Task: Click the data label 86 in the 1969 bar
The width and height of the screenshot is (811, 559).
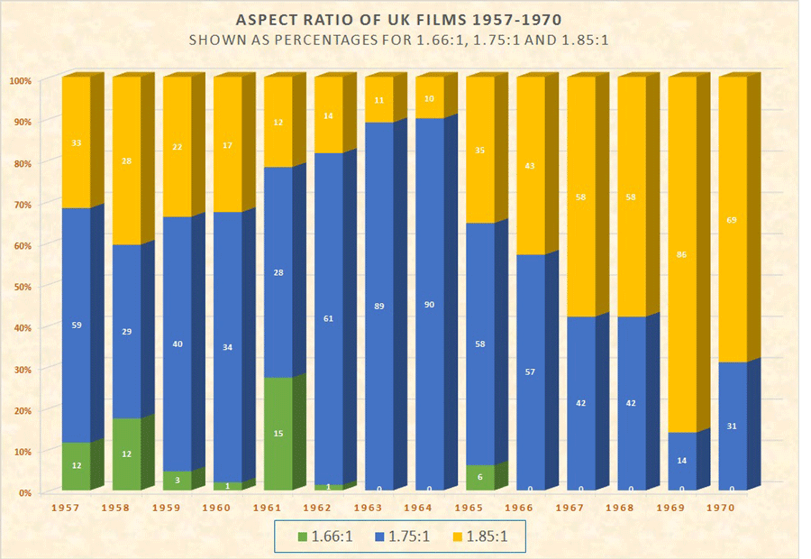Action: coord(682,255)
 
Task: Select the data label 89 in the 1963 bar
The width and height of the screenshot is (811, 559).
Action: coord(379,307)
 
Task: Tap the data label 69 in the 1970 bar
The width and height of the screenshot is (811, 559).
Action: coord(733,219)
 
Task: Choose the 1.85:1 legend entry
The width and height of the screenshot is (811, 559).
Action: coord(485,535)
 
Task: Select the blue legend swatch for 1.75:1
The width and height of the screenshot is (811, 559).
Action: coord(378,535)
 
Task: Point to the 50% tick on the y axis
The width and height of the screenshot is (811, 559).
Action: coord(21,287)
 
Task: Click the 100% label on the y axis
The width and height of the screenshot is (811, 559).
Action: coord(21,80)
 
